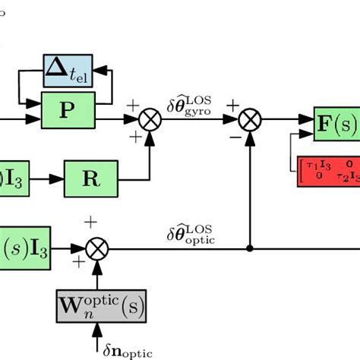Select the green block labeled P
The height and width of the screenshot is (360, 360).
pos(68,110)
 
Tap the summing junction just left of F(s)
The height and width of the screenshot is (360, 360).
pos(249,119)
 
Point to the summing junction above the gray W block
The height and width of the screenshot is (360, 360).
pos(97,248)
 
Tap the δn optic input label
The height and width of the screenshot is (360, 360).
pos(127,351)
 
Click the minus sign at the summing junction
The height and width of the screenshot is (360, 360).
pos(232,139)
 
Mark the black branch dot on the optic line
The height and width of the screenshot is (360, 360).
pos(249,248)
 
